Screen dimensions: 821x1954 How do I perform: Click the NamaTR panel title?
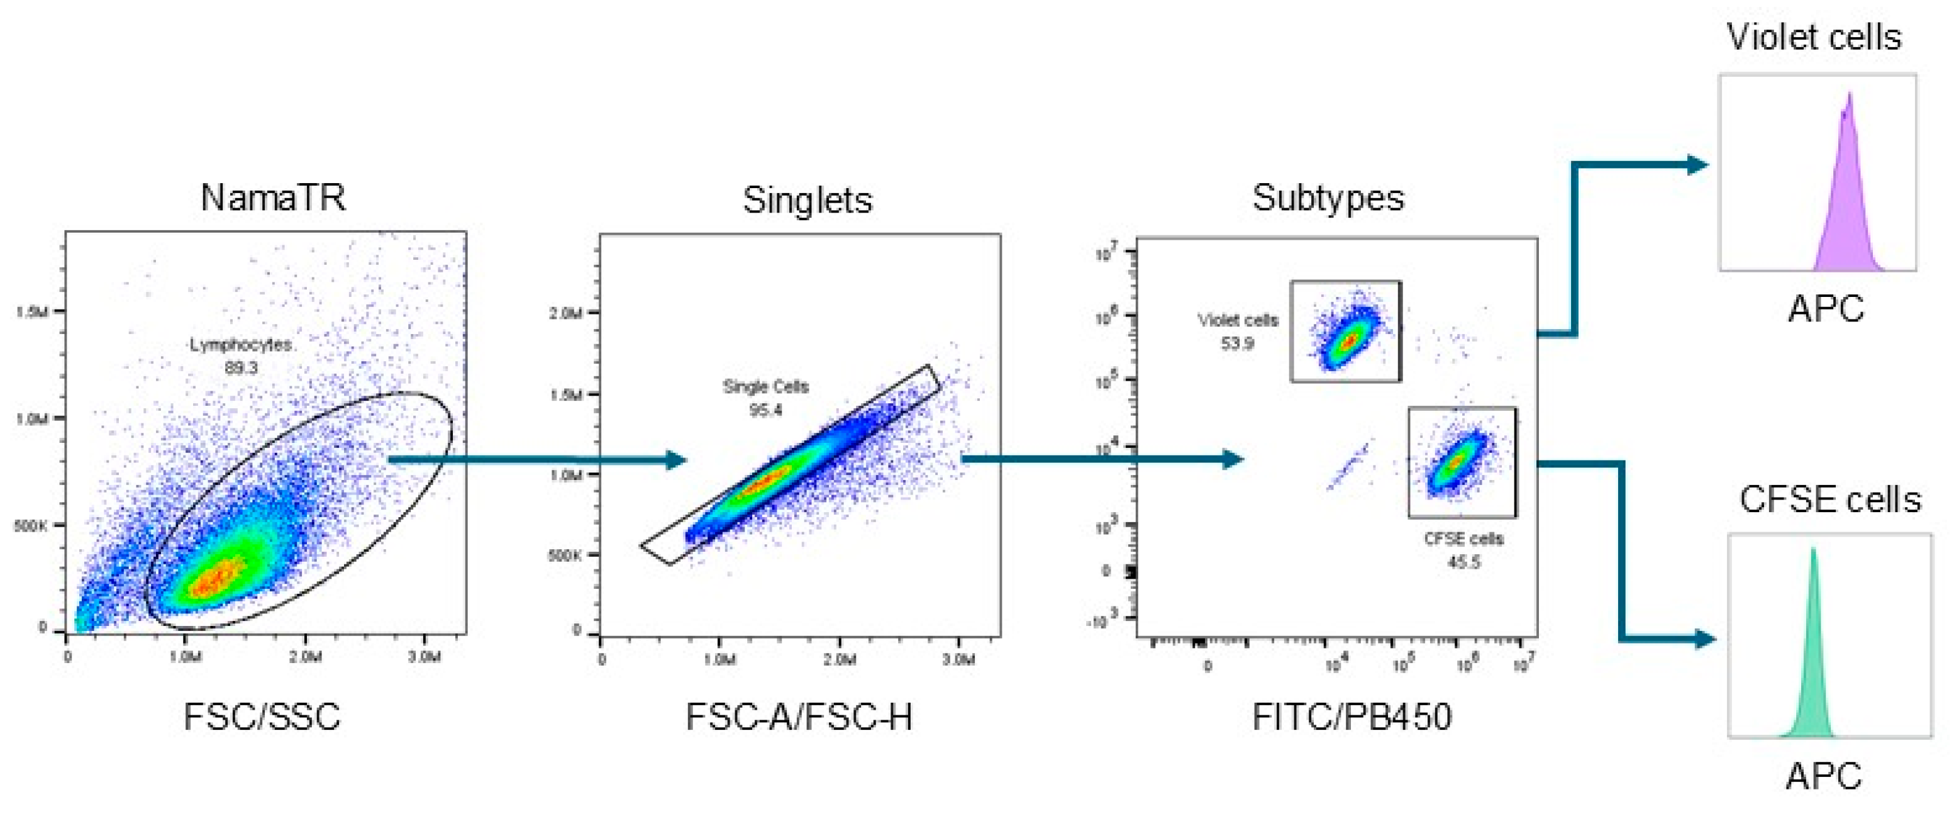273,198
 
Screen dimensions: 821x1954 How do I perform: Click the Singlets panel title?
807,200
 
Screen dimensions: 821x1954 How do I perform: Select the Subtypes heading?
1328,198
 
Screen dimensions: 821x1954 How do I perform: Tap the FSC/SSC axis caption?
262,717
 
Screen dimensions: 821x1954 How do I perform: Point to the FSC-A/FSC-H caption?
799,717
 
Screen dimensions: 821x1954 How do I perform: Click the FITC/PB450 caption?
1352,717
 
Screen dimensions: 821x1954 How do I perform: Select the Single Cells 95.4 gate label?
765,398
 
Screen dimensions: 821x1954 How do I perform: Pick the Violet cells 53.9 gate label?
1237,332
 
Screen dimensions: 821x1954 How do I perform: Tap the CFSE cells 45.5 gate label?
1463,550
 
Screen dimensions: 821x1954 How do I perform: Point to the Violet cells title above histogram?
1814,37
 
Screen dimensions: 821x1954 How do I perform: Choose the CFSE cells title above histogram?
1829,500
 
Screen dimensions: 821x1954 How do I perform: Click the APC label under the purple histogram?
1825,309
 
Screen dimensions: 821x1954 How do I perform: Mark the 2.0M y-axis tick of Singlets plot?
565,313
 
